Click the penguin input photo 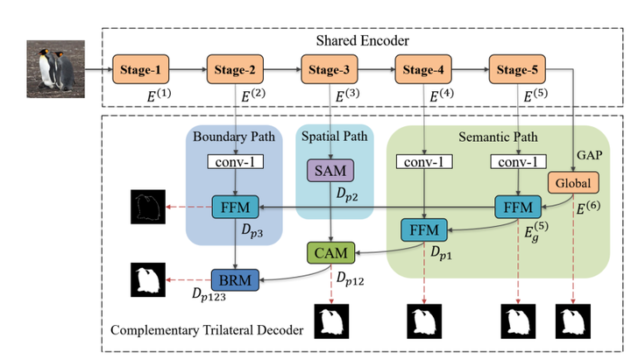tap(55, 67)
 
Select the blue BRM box tap(234, 279)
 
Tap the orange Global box tap(573, 184)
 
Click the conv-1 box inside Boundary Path tap(234, 162)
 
